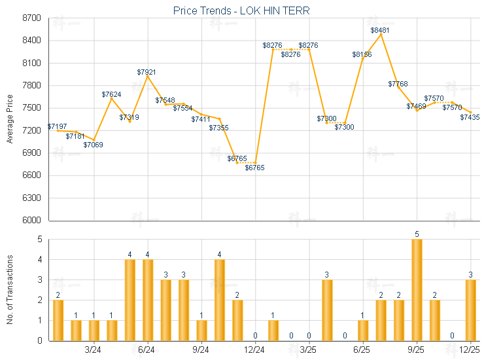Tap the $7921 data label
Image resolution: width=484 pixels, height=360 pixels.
click(147, 71)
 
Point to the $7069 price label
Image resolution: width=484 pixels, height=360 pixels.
click(94, 145)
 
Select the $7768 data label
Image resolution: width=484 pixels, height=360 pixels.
click(398, 84)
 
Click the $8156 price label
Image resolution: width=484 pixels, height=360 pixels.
click(362, 54)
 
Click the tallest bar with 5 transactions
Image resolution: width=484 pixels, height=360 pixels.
click(417, 290)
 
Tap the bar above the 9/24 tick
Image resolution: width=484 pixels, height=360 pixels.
click(201, 331)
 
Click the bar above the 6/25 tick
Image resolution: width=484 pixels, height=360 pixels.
click(363, 331)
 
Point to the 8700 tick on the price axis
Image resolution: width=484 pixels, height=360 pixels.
click(31, 18)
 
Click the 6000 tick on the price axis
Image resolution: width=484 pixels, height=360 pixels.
click(31, 221)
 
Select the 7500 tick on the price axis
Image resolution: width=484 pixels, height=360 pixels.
click(31, 108)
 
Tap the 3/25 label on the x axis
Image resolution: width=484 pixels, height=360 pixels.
click(309, 350)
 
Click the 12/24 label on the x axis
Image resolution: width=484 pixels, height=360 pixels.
click(255, 350)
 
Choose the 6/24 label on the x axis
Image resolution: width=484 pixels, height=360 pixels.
click(147, 350)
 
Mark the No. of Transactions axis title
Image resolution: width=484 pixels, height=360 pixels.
click(9, 290)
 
